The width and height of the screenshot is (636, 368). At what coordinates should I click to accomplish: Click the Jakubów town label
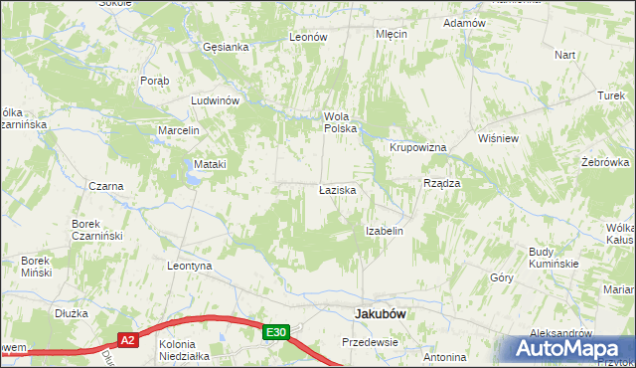click(383, 314)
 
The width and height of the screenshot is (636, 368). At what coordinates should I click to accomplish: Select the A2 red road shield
click(127, 339)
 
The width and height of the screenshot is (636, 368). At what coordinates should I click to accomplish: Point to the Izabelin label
click(384, 231)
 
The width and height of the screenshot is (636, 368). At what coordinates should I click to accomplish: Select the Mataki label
click(211, 164)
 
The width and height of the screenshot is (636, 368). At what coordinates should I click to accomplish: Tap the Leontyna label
click(191, 267)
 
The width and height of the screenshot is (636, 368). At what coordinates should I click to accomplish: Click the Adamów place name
click(464, 23)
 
